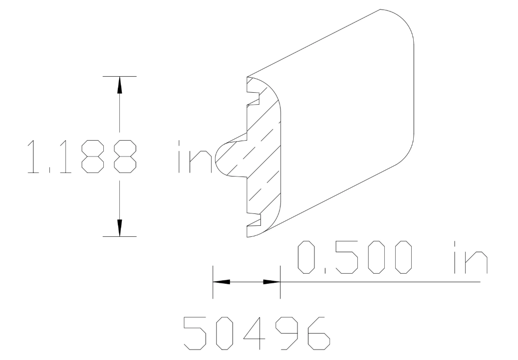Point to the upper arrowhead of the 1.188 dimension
[x=119, y=85]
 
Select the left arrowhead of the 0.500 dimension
[x=222, y=282]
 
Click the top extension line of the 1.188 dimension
[x=119, y=76]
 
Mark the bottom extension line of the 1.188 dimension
[x=119, y=236]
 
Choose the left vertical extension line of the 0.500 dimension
[x=213, y=282]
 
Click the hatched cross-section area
[x=264, y=160]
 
